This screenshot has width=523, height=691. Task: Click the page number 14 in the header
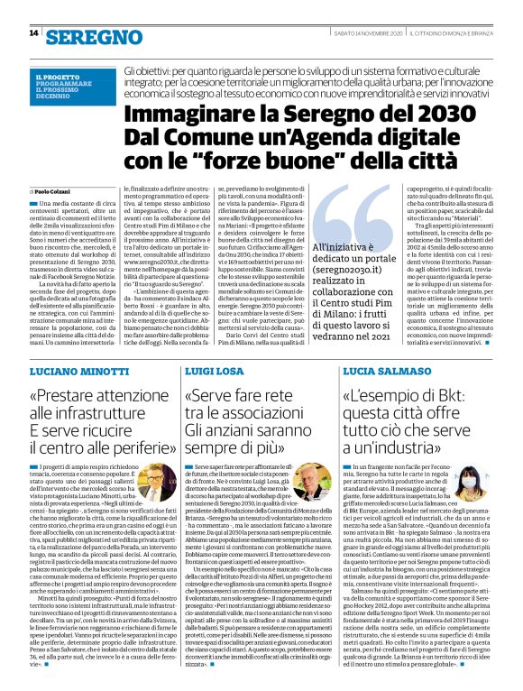tap(33, 33)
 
